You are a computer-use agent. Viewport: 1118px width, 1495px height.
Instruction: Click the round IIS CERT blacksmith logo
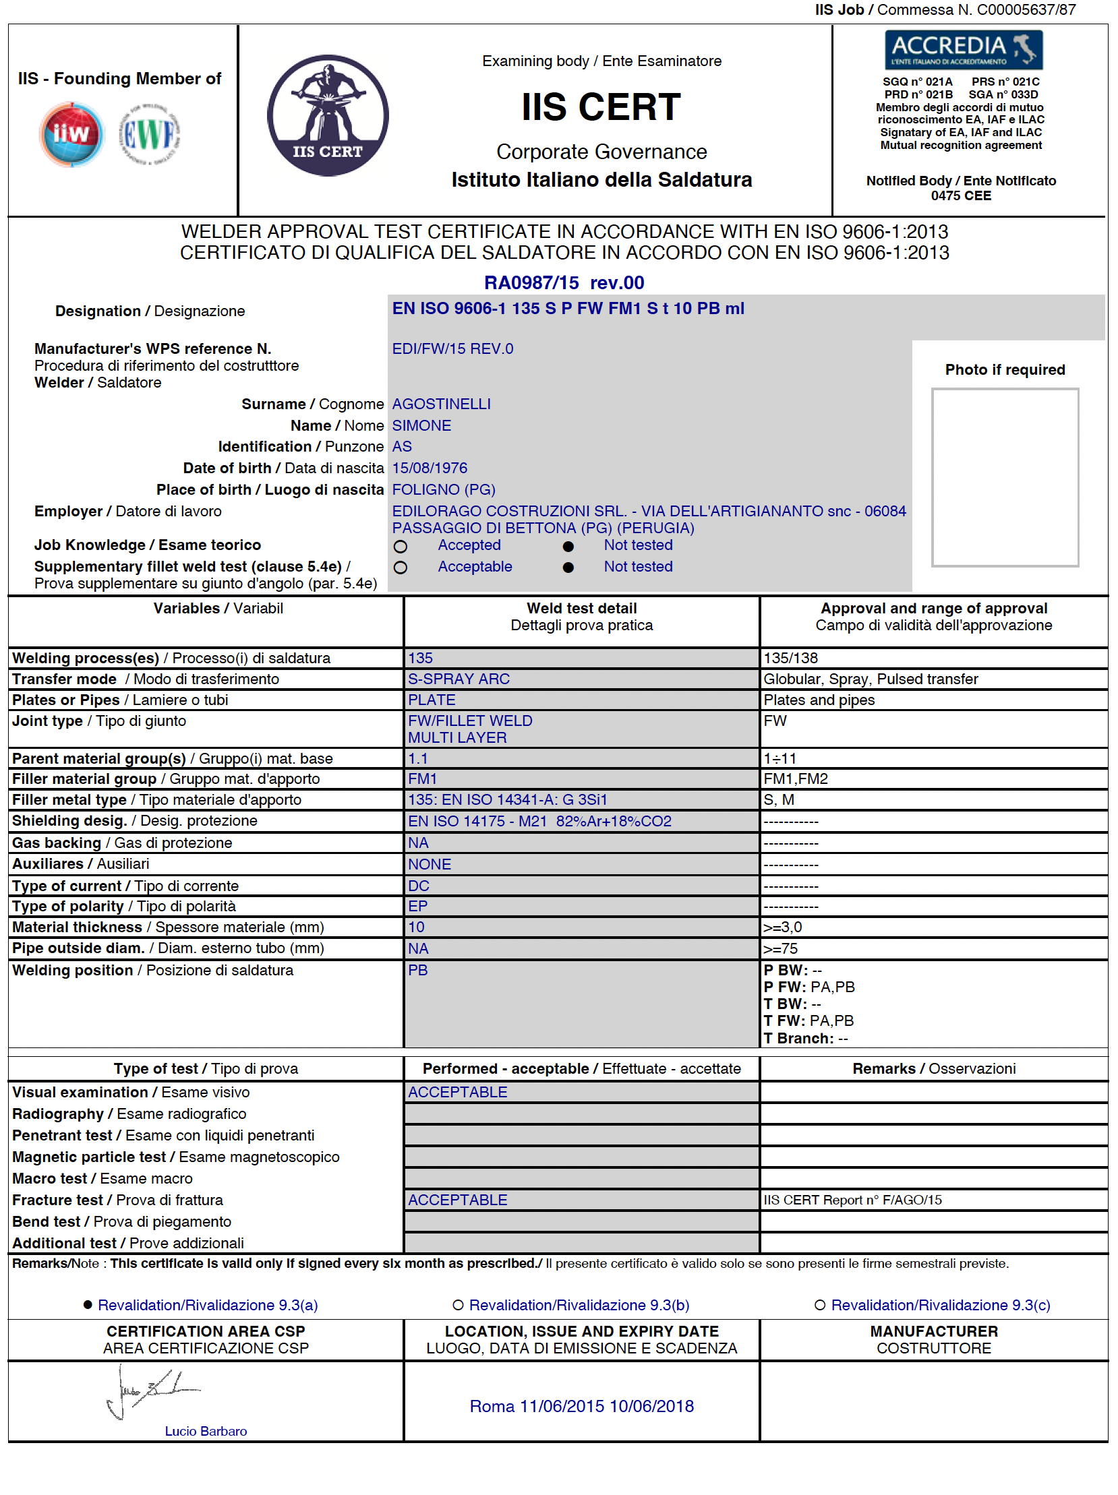[328, 115]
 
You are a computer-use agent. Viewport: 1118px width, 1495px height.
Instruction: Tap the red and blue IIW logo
[71, 134]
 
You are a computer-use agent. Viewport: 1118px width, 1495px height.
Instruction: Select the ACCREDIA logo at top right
[962, 49]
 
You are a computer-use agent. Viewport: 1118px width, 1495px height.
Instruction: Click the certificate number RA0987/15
[531, 282]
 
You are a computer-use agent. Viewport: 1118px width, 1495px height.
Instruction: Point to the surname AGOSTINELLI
[442, 404]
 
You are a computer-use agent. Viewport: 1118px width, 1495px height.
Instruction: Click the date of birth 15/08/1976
[430, 468]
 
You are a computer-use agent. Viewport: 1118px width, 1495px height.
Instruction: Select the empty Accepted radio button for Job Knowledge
[400, 546]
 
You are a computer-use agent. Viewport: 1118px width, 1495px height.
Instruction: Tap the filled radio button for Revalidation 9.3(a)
[87, 1305]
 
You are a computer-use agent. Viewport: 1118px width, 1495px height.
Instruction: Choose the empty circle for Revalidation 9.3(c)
[819, 1305]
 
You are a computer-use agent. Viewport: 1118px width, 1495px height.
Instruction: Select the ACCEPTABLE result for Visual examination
[458, 1092]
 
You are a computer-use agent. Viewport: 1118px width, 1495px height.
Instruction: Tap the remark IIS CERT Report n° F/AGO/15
[852, 1200]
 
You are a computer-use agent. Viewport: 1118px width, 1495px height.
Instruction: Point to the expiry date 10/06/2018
[651, 1407]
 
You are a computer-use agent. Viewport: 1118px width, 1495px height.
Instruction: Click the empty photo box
[1005, 477]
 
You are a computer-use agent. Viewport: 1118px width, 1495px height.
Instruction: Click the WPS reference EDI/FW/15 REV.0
[452, 348]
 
